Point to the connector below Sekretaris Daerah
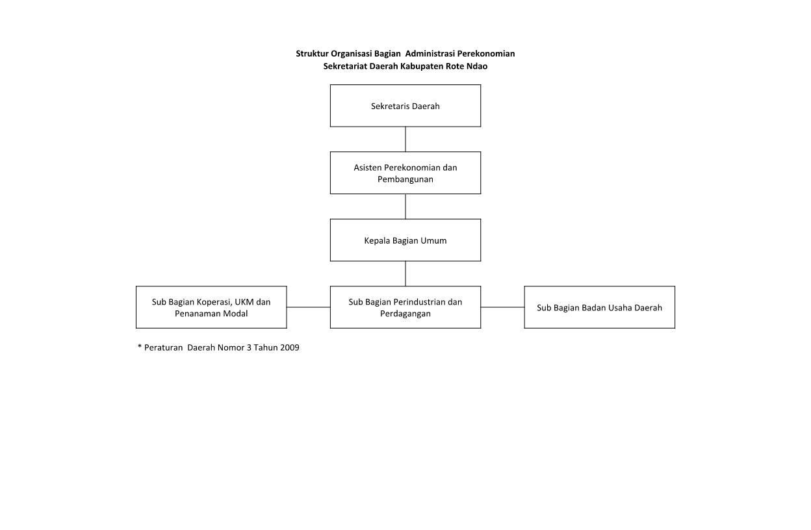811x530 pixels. click(x=405, y=139)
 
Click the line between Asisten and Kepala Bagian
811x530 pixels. click(x=405, y=207)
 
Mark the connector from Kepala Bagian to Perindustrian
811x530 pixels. click(x=405, y=273)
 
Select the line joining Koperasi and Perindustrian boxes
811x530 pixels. click(x=309, y=307)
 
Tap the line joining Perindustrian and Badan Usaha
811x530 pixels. click(x=502, y=307)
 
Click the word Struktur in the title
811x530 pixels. click(x=312, y=53)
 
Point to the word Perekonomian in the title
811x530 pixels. click(x=485, y=53)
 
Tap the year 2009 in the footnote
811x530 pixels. click(x=289, y=347)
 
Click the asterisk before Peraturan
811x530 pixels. click(x=140, y=347)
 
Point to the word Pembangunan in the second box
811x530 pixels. click(x=405, y=179)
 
